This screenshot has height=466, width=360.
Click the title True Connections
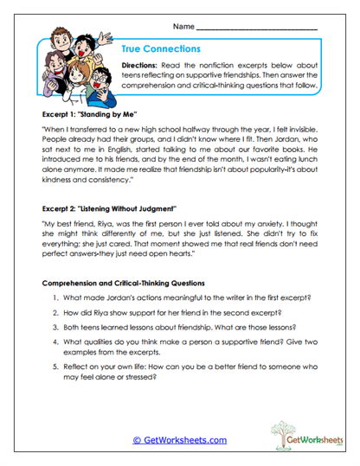click(x=162, y=49)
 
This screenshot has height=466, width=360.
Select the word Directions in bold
click(x=140, y=66)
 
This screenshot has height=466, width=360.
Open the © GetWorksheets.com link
click(x=180, y=439)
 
